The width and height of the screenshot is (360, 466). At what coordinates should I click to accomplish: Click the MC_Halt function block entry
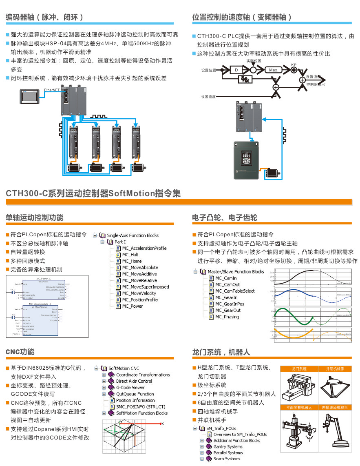[130, 255]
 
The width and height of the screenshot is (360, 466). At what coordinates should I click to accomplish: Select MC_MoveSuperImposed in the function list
[145, 287]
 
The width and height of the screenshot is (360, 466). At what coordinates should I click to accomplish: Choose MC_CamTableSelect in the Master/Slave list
[234, 291]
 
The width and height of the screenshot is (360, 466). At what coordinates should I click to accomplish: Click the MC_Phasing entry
[227, 317]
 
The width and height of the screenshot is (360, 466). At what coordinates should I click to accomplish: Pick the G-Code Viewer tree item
[130, 388]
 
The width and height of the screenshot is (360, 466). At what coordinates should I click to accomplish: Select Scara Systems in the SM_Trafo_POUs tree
[227, 459]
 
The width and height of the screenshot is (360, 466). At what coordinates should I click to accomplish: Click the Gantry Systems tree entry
[228, 447]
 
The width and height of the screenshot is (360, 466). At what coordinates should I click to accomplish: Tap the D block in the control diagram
[236, 70]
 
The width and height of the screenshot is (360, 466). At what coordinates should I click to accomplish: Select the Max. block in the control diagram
[274, 70]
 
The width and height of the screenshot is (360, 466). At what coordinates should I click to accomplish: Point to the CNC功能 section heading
[20, 352]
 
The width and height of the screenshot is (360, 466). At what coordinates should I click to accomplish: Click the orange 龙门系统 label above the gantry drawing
[299, 369]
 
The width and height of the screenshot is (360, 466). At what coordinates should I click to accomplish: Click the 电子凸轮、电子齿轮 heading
[225, 217]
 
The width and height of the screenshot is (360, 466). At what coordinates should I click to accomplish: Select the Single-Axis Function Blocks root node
[132, 235]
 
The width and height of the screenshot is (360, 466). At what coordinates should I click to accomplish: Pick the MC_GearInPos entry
[230, 304]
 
